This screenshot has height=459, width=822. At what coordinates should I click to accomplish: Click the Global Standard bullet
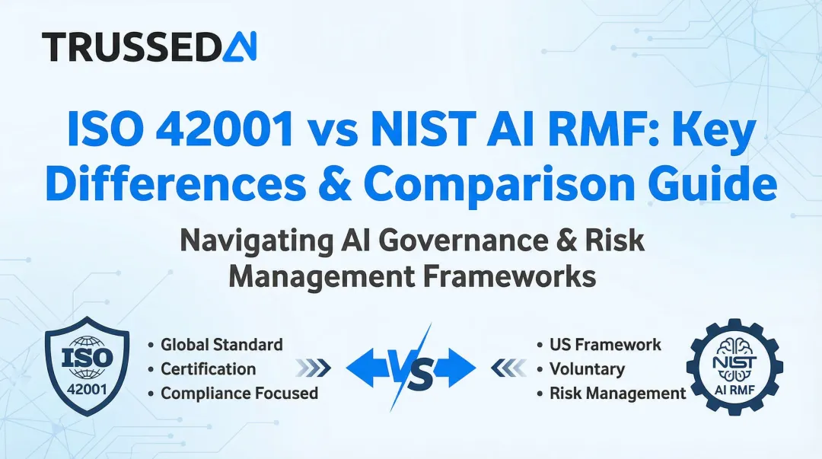tap(221, 345)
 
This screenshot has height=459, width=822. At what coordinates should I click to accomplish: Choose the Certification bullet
tap(208, 369)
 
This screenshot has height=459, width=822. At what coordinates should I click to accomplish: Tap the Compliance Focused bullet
tap(239, 394)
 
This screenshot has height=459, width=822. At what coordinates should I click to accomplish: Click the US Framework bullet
tap(605, 345)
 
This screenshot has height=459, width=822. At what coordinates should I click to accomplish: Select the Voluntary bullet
tap(586, 369)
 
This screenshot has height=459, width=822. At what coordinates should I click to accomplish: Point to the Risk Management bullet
tap(617, 394)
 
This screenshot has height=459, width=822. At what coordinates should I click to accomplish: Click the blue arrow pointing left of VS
tap(368, 368)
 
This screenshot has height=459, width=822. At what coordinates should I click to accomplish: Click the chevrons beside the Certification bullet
tap(313, 369)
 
